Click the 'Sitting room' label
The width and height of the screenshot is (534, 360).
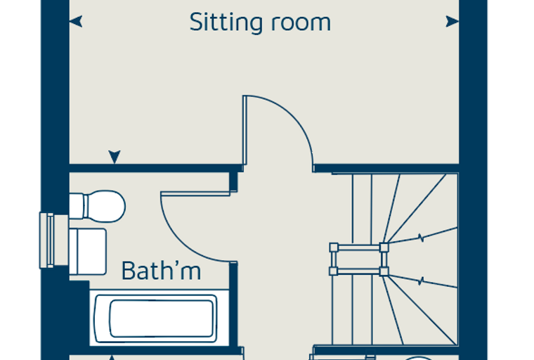pos(260,22)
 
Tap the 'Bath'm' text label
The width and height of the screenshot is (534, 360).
pos(161,271)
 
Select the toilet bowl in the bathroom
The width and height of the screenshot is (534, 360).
pos(105,206)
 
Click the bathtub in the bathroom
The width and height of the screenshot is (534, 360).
pos(156,319)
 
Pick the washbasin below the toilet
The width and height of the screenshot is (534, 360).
pos(88,252)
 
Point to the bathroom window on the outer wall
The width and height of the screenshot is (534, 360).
pos(54,240)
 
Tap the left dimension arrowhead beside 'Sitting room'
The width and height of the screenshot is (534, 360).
pos(76,21)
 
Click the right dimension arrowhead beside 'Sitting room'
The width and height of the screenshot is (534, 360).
pos(452,22)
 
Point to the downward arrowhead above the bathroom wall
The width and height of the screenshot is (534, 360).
pos(115,157)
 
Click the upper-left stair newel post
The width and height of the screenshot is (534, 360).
pos(334,247)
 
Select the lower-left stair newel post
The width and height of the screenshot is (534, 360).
pos(334,271)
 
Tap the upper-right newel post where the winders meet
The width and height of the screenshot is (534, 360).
pos(384,247)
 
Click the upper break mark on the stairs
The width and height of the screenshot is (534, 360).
pos(422,237)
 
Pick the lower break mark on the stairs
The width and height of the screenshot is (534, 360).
pos(422,281)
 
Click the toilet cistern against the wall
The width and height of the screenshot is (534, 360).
pos(77,206)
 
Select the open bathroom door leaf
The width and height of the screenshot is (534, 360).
pos(195,194)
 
